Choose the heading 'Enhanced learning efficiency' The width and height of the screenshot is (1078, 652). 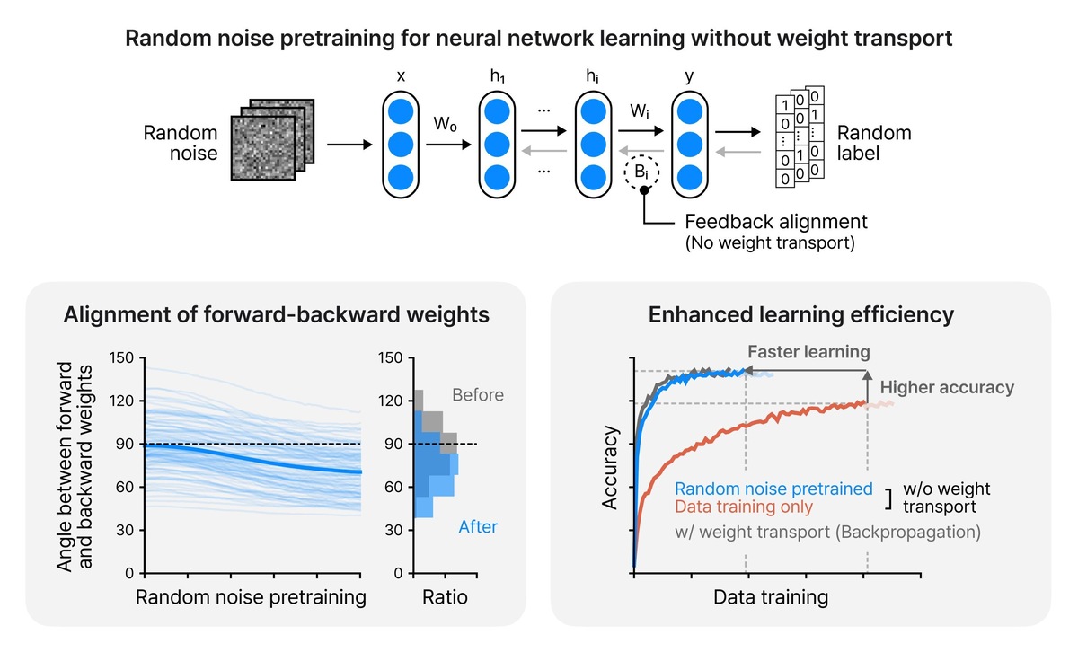pos(800,315)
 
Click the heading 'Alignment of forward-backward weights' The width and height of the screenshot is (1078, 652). pos(275,315)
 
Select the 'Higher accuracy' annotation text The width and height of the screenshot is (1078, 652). pos(947,388)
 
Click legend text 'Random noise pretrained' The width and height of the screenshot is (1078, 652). pos(773,489)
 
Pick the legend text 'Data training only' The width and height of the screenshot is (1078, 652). pos(744,507)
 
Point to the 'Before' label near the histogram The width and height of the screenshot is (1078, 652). pos(478,394)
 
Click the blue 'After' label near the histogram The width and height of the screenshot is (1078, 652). pos(478,527)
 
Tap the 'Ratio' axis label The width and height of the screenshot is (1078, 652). pos(446,597)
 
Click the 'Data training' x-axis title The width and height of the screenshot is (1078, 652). pos(771,596)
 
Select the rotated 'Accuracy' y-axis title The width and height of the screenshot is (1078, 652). pos(612,468)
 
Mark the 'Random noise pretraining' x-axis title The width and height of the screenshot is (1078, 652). pos(251,597)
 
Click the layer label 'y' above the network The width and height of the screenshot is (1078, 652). pos(689,77)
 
